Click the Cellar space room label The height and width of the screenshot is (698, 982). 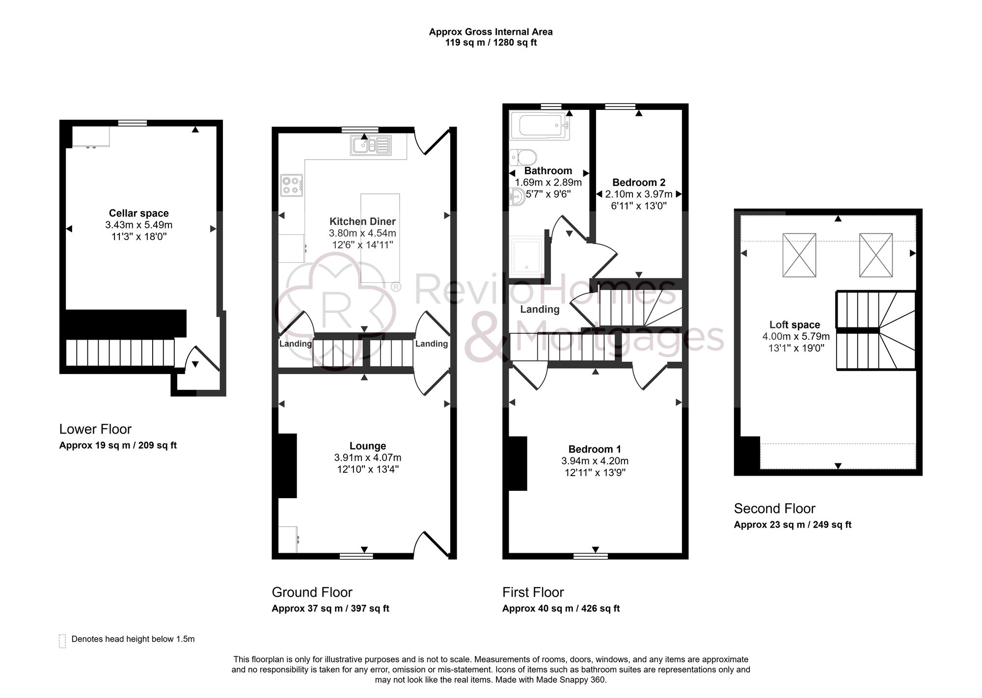click(138, 213)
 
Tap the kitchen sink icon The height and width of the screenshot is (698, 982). click(371, 145)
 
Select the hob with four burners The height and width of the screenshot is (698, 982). click(291, 185)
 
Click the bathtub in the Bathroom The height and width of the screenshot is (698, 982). click(539, 126)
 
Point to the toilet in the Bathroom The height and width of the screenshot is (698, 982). click(523, 158)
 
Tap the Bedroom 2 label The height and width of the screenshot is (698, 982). click(639, 182)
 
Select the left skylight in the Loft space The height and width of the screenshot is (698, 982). click(799, 255)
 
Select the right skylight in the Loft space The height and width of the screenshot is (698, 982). click(875, 255)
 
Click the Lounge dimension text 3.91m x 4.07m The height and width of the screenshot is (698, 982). click(368, 457)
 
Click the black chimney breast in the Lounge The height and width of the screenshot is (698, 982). click(287, 465)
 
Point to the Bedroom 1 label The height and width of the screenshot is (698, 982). click(595, 449)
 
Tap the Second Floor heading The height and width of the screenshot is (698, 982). click(774, 508)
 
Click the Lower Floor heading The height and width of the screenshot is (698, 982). click(95, 429)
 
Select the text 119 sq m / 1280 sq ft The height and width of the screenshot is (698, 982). click(491, 43)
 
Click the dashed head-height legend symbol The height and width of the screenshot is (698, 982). click(62, 641)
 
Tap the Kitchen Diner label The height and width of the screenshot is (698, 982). click(362, 221)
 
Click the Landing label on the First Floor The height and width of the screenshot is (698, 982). click(540, 309)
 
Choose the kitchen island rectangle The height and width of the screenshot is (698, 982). click(380, 238)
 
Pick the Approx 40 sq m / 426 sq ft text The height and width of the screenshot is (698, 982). click(561, 609)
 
